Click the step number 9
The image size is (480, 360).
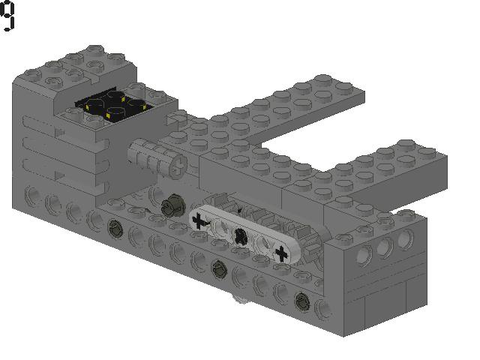coord(7,16)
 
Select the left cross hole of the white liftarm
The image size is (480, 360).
coord(199,220)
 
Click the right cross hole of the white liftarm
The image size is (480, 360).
coord(281,253)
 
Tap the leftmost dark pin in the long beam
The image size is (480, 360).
coord(116,227)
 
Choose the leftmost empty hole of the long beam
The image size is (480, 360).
coord(33,196)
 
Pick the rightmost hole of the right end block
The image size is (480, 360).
coord(406,238)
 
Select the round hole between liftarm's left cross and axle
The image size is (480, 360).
coord(219,228)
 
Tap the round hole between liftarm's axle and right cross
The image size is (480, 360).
coord(260,244)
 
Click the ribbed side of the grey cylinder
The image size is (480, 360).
coord(149,154)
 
